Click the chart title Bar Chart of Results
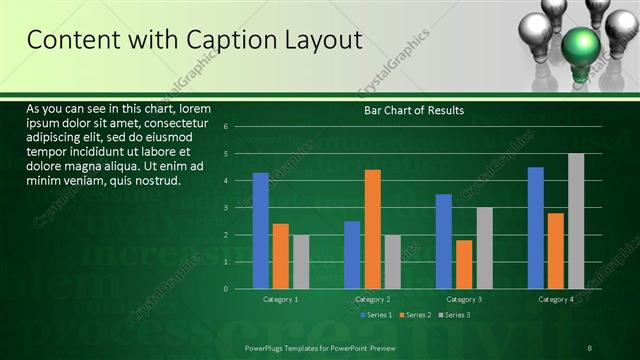coord(413,110)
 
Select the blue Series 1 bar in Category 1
coord(261,230)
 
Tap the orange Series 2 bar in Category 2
coord(372,229)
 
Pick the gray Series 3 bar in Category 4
coord(576,221)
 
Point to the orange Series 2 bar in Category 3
coord(464,264)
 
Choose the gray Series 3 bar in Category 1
coord(301,261)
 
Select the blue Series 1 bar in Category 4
coord(536,227)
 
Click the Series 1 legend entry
coord(375,315)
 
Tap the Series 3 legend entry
coord(453,315)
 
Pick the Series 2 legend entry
coord(414,315)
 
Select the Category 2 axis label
coord(372,299)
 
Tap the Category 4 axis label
coord(556,299)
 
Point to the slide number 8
coord(590,346)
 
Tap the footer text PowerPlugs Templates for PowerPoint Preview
coord(314,346)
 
